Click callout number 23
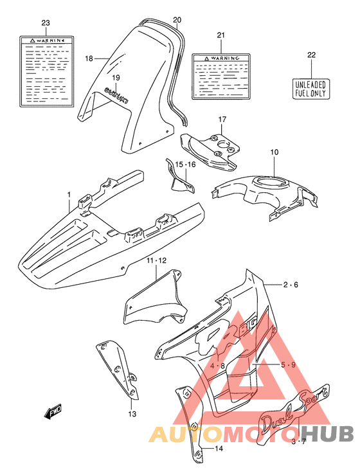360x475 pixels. click(x=45, y=23)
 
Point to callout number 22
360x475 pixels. click(x=312, y=55)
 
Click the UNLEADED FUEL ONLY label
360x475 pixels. click(x=311, y=88)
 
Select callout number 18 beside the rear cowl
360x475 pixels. click(x=89, y=58)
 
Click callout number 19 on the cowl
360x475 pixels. click(x=116, y=78)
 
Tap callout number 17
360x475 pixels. click(x=221, y=120)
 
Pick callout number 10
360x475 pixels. click(x=274, y=152)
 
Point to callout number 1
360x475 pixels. click(x=69, y=193)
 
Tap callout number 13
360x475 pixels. click(x=132, y=413)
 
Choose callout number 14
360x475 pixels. click(x=219, y=449)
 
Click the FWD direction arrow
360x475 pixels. click(x=53, y=412)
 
